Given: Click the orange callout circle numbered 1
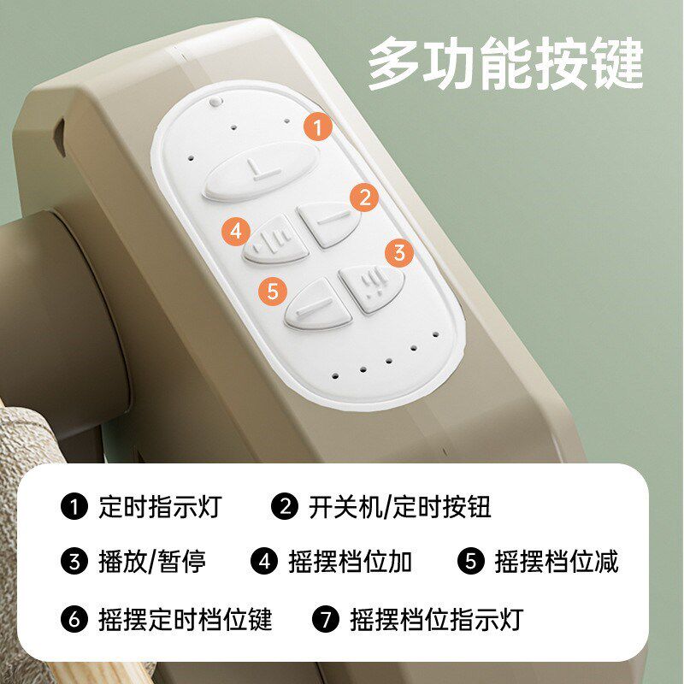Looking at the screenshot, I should (318, 129).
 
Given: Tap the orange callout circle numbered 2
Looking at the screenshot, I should (364, 198).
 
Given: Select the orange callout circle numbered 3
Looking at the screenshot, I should (398, 253).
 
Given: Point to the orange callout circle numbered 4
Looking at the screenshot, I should (237, 231).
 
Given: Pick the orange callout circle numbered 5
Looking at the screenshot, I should (272, 291).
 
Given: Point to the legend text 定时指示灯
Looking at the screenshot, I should (160, 507).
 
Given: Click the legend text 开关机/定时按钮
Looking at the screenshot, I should (399, 507).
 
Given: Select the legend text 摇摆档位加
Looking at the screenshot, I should (351, 562).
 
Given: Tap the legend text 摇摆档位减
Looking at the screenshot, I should (557, 562).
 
